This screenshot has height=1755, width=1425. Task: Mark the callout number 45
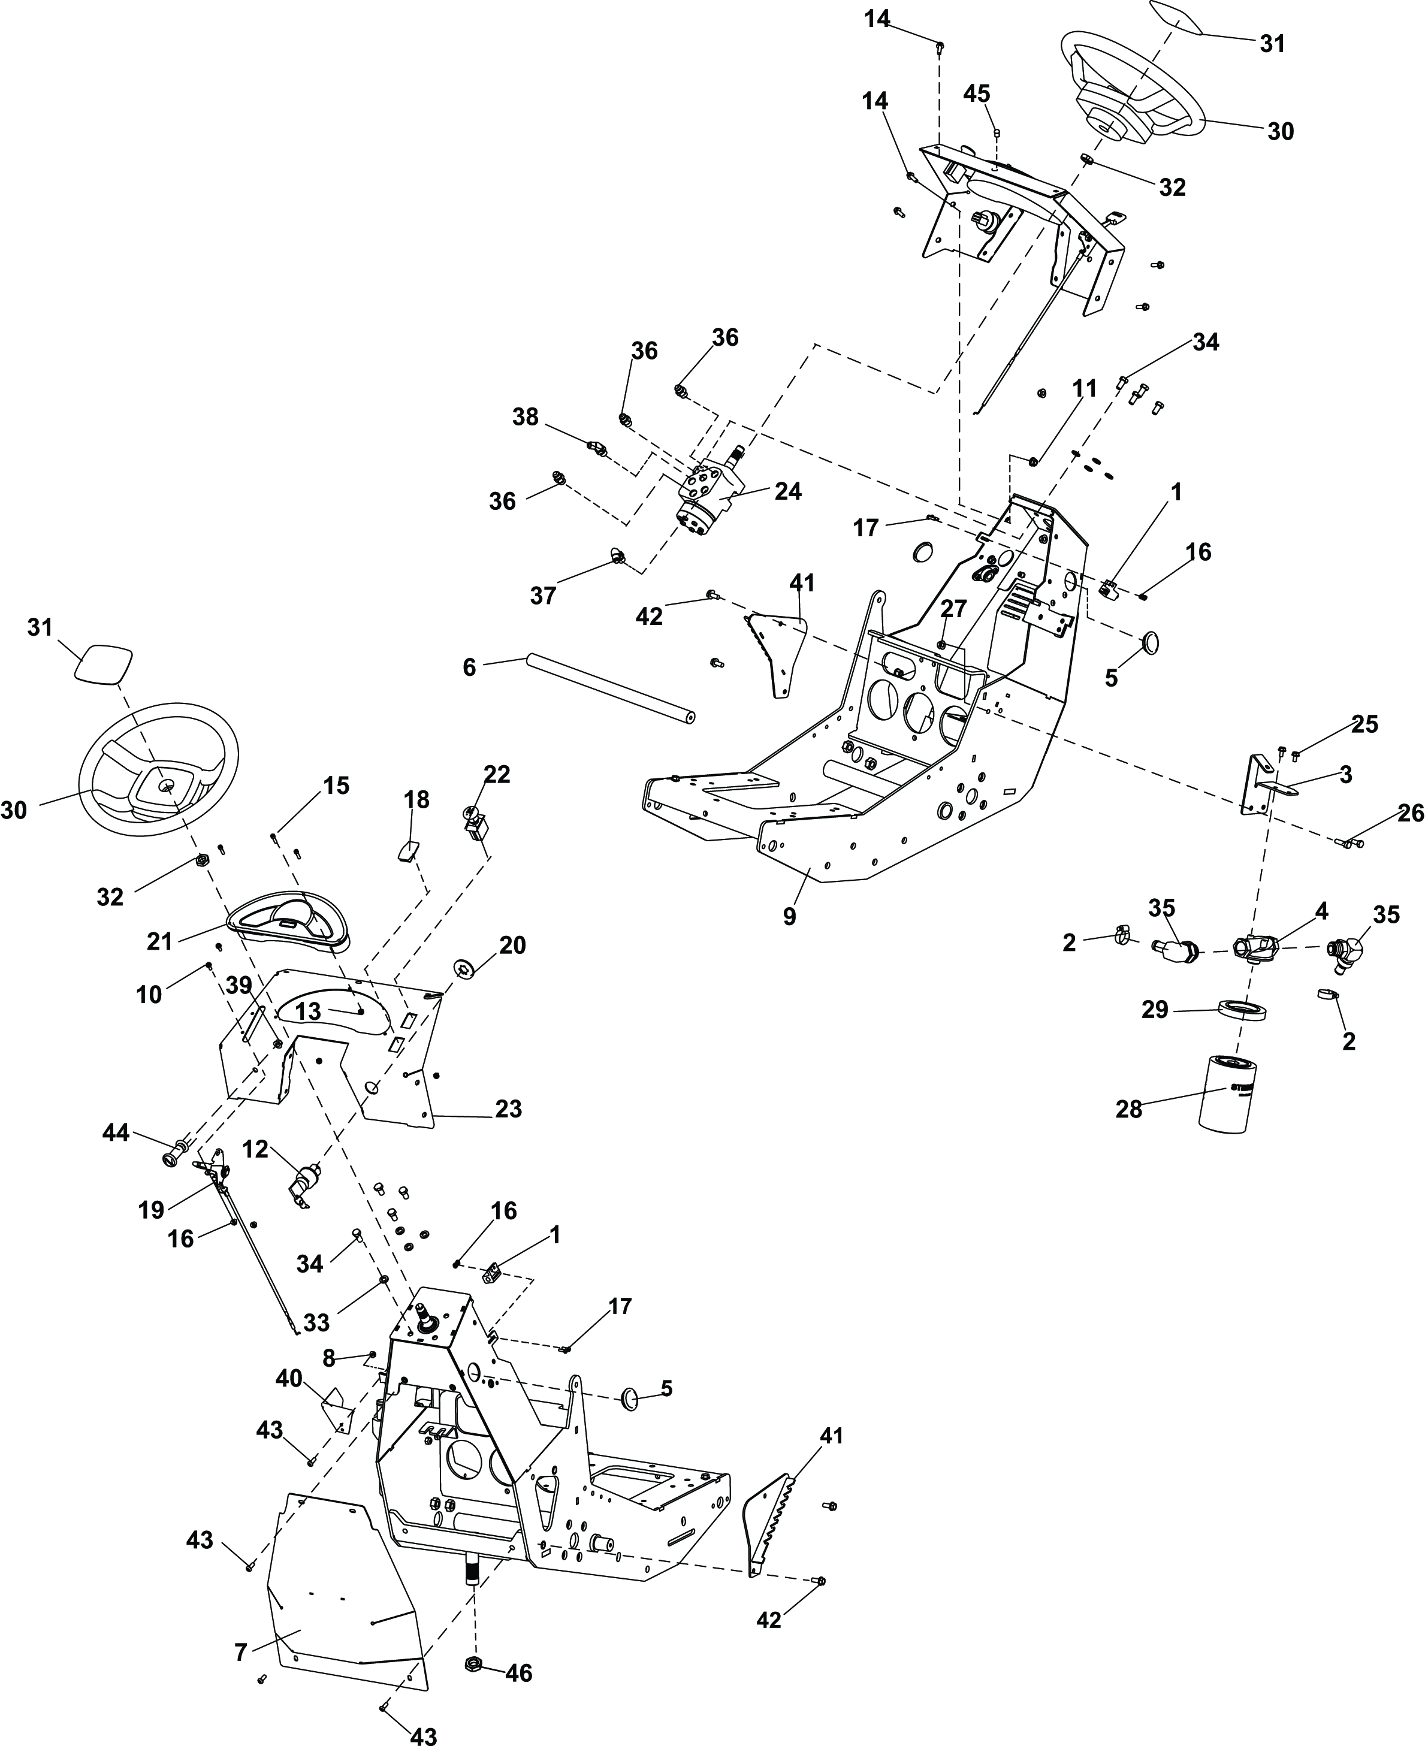977,93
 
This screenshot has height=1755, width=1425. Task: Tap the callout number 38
526,417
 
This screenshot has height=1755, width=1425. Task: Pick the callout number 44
116,1133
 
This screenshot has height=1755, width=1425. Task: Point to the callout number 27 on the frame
954,608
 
